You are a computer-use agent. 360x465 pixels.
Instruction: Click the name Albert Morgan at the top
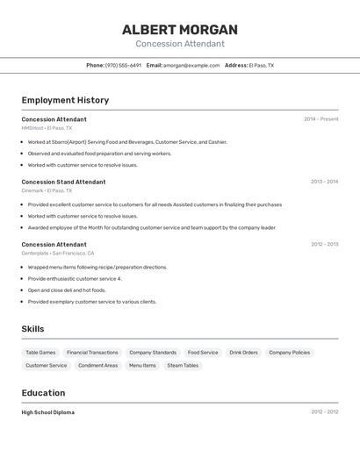coord(180,30)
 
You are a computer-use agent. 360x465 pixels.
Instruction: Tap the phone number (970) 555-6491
coord(123,65)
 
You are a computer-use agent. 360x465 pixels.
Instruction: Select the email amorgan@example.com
coord(191,65)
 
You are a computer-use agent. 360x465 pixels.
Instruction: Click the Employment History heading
coord(65,100)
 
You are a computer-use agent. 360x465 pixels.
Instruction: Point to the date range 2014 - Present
coord(320,118)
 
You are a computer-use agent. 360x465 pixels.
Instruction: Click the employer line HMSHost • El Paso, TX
coord(47,128)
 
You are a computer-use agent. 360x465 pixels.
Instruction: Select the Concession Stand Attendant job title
coord(63,182)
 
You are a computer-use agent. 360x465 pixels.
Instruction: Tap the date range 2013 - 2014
coord(324,182)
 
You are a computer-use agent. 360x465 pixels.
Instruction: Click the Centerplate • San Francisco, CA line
coord(58,253)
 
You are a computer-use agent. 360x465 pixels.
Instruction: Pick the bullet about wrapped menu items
coord(97,267)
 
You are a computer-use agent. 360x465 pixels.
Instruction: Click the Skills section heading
coord(33,329)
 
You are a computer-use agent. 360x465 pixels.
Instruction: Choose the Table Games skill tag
coord(40,353)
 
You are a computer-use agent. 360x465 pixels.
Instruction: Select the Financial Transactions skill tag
coord(92,353)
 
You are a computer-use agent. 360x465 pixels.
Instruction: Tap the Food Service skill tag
coord(203,353)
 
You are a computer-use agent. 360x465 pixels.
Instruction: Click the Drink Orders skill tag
coord(243,353)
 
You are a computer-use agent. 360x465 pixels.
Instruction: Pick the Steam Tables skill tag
coord(183,365)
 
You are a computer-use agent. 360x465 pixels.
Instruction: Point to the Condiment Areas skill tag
coord(97,365)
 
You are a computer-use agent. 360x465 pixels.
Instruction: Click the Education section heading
coord(43,393)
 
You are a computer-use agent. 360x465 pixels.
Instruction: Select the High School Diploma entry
coord(48,412)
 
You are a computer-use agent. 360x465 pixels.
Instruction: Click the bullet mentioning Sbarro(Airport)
coord(126,141)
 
